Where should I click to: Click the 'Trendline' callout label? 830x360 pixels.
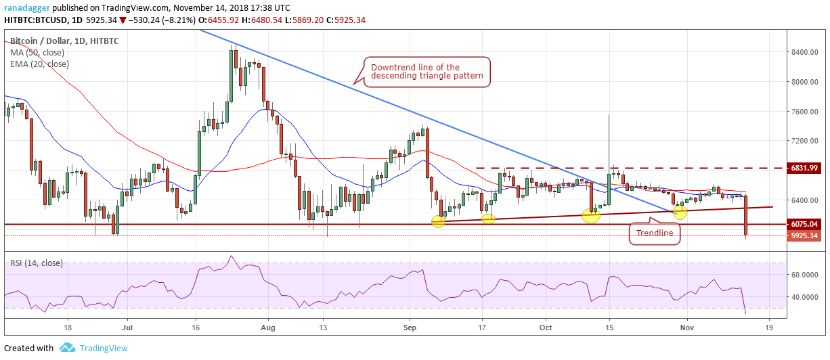click(x=655, y=233)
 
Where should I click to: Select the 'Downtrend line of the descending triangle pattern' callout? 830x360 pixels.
click(x=427, y=72)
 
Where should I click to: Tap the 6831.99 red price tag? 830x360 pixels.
click(x=804, y=168)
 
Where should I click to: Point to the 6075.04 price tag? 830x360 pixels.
click(x=804, y=224)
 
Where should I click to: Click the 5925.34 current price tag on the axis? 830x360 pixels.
click(x=804, y=235)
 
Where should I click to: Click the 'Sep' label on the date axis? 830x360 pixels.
click(x=410, y=328)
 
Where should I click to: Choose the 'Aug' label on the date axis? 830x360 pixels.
click(x=268, y=328)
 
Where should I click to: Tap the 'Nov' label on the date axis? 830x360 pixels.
click(x=687, y=328)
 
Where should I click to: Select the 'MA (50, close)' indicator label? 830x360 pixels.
click(x=37, y=53)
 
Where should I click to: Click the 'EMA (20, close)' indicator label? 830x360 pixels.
click(x=39, y=64)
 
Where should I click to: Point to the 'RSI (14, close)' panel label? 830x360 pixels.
click(x=37, y=263)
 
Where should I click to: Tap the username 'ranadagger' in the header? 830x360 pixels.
click(x=26, y=7)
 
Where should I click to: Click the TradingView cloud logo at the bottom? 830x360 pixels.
click(x=68, y=347)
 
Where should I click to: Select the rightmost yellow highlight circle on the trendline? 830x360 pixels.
click(x=680, y=212)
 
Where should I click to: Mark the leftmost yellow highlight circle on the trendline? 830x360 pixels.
click(x=438, y=221)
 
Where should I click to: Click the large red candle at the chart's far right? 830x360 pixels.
click(x=745, y=215)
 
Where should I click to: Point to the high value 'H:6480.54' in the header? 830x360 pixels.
click(x=261, y=20)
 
